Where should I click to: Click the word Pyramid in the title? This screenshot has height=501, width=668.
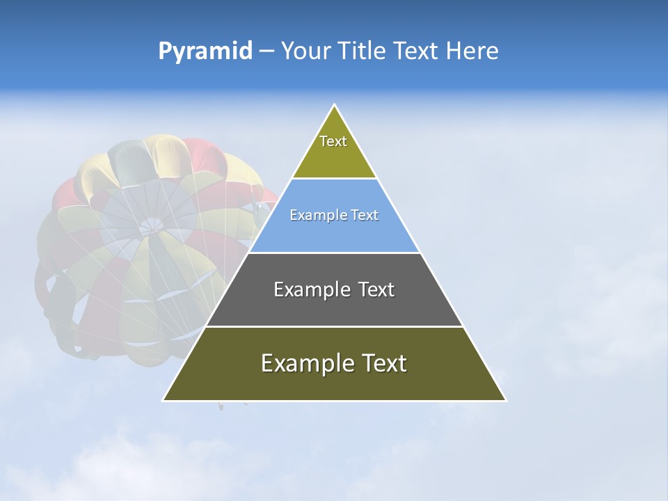205,51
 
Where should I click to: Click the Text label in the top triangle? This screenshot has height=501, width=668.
333,141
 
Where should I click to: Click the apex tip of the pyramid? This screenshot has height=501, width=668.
334,106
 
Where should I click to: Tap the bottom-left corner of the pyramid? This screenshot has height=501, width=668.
164,400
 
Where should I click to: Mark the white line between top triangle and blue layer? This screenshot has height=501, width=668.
334,179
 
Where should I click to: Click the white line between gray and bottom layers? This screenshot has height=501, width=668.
334,326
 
